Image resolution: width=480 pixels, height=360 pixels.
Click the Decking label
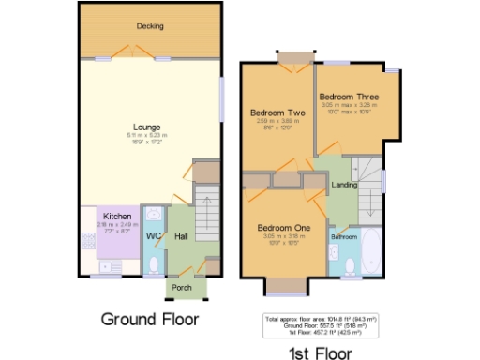click(x=150, y=26)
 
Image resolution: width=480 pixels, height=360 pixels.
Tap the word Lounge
click(x=146, y=127)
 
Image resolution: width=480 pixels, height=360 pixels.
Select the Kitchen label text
click(x=116, y=216)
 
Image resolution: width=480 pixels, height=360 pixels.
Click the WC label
click(x=153, y=235)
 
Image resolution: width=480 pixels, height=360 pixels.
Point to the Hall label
click(x=181, y=235)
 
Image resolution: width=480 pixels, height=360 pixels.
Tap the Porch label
click(x=183, y=287)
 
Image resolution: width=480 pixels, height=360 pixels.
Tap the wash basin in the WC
click(x=153, y=214)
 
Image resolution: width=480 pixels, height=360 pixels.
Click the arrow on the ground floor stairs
click(x=208, y=202)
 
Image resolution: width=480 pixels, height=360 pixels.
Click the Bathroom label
click(x=343, y=237)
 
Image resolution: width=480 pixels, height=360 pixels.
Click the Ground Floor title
click(x=150, y=319)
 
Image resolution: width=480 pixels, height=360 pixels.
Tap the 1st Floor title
click(x=320, y=352)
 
